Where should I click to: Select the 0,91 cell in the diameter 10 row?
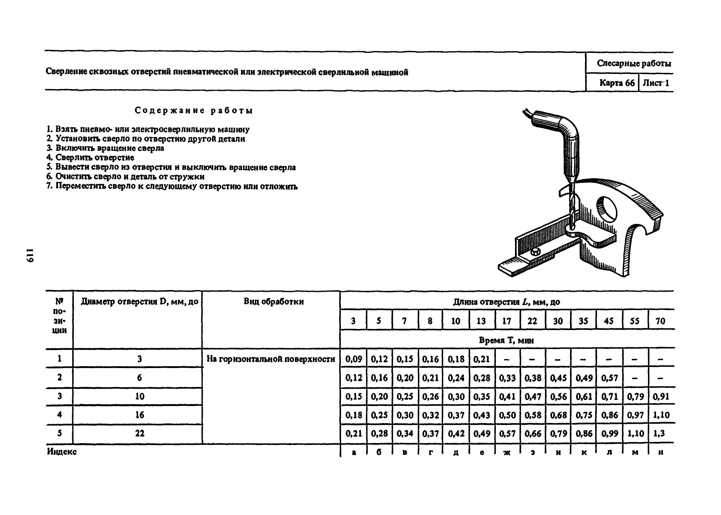click(661, 396)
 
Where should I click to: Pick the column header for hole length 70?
click(660, 321)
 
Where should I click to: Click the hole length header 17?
click(507, 321)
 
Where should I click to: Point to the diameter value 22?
click(139, 433)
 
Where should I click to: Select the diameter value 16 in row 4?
click(139, 415)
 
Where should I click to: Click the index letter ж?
click(507, 452)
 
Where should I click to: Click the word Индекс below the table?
click(62, 451)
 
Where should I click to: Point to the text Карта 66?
click(617, 83)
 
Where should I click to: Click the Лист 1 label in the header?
click(656, 83)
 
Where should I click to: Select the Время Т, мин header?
click(506, 341)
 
